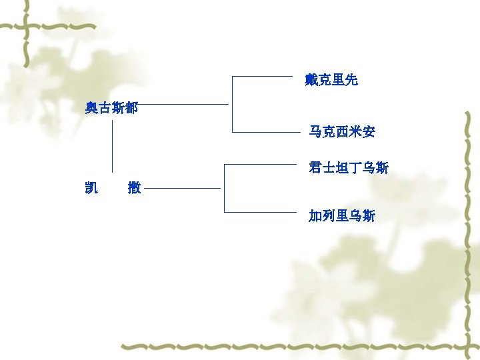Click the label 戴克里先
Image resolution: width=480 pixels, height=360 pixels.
click(331, 80)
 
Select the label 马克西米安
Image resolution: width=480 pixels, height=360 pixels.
click(342, 132)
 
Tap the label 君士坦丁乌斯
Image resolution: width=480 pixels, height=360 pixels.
click(349, 167)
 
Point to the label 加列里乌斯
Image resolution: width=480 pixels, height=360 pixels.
click(342, 215)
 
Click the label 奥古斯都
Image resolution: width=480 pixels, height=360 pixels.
click(111, 107)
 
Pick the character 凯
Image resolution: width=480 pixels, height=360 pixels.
click(91, 188)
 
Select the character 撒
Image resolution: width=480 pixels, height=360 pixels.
click(134, 188)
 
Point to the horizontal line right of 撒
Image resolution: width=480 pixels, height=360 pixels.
click(182, 189)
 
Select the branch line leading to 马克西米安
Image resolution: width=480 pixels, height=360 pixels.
click(267, 131)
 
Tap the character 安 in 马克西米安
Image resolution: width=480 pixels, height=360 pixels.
click(369, 132)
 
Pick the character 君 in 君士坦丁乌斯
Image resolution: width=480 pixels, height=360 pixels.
click(315, 167)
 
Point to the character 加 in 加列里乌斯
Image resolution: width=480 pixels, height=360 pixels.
click(315, 215)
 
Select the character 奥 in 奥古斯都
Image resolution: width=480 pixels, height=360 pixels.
click(91, 107)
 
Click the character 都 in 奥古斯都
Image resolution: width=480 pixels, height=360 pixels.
click(131, 107)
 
